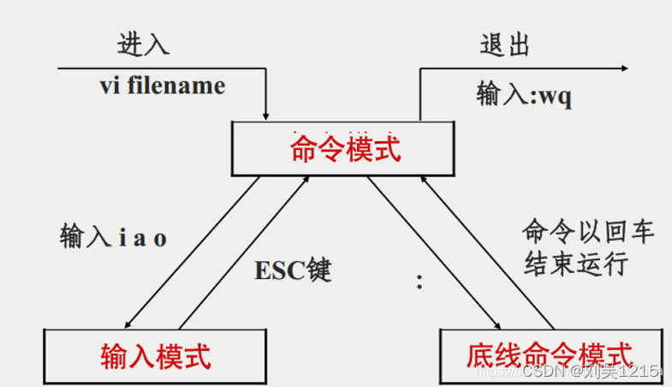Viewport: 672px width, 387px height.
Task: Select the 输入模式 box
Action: [155, 355]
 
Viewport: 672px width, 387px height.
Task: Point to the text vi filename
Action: [163, 86]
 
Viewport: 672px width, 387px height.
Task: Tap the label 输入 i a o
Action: [113, 236]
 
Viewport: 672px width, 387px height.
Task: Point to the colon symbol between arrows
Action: [419, 282]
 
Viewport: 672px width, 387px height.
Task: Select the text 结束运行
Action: [575, 263]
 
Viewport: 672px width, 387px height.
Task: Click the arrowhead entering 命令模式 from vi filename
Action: [266, 116]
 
